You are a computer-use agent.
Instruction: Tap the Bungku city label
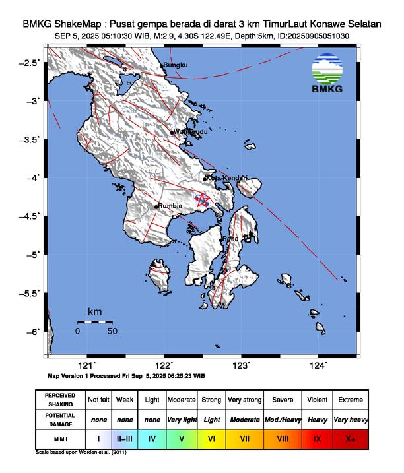coord(176,65)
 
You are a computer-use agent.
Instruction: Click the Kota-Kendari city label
coord(226,178)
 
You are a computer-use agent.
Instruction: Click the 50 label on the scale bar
coord(112,331)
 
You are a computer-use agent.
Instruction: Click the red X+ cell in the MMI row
coord(349,437)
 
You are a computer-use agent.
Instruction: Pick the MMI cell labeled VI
coord(211,437)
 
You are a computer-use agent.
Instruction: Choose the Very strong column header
coord(244,400)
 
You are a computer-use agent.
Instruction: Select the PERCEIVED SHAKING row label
coord(60,400)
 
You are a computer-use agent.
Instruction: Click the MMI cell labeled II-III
coord(124,437)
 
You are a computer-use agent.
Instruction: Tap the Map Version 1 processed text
coord(125,375)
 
